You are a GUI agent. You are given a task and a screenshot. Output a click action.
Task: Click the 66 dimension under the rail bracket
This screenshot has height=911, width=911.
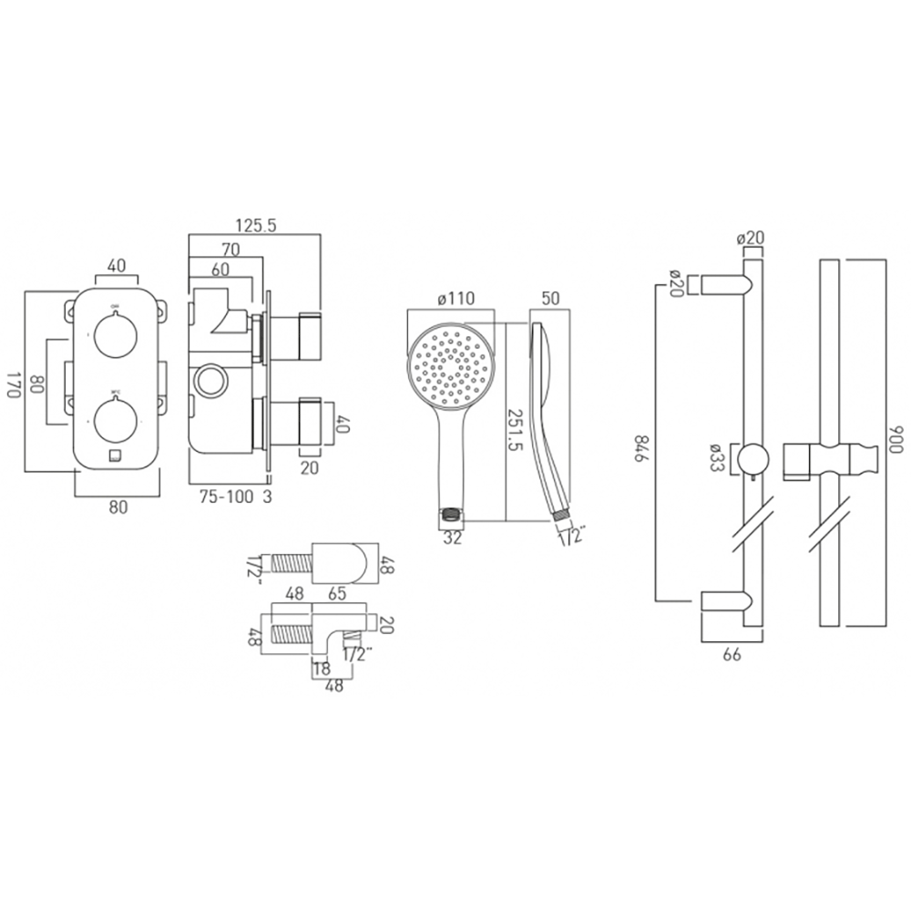[x=731, y=653]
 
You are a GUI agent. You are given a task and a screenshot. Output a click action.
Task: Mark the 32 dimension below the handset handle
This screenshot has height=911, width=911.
[x=451, y=537]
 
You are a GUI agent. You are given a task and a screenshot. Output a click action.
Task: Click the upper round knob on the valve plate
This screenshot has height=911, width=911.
[x=116, y=335]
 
